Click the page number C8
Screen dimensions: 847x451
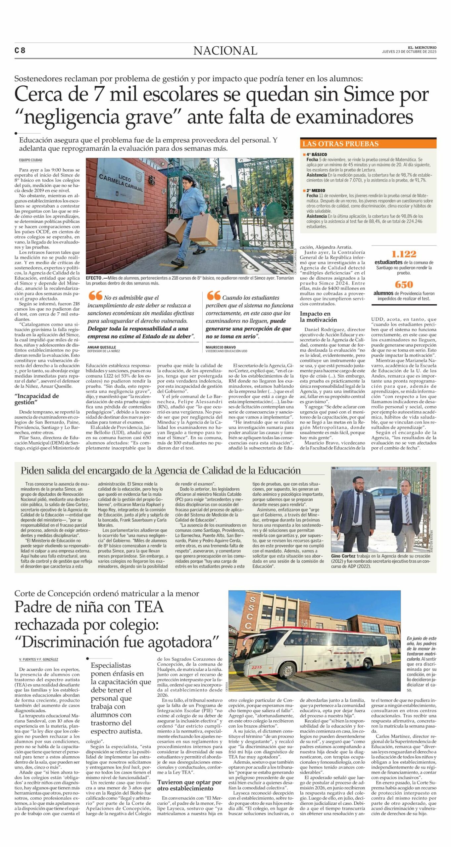tap(20, 50)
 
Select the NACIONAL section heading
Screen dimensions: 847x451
tap(225, 51)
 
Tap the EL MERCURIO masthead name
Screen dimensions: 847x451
tap(422, 48)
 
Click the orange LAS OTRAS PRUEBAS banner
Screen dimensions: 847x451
tap(368, 144)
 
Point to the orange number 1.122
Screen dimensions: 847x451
tap(404, 254)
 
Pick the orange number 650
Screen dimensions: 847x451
tap(404, 285)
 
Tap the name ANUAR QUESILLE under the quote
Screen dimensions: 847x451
tap(102, 347)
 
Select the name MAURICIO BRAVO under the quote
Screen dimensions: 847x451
tap(221, 347)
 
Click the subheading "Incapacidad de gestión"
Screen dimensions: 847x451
tap(36, 399)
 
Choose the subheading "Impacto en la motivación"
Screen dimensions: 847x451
tap(318, 317)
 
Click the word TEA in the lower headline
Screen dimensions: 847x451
tap(149, 607)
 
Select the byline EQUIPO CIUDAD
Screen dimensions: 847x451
tap(30, 160)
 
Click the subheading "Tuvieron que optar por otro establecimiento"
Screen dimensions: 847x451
tap(189, 785)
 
